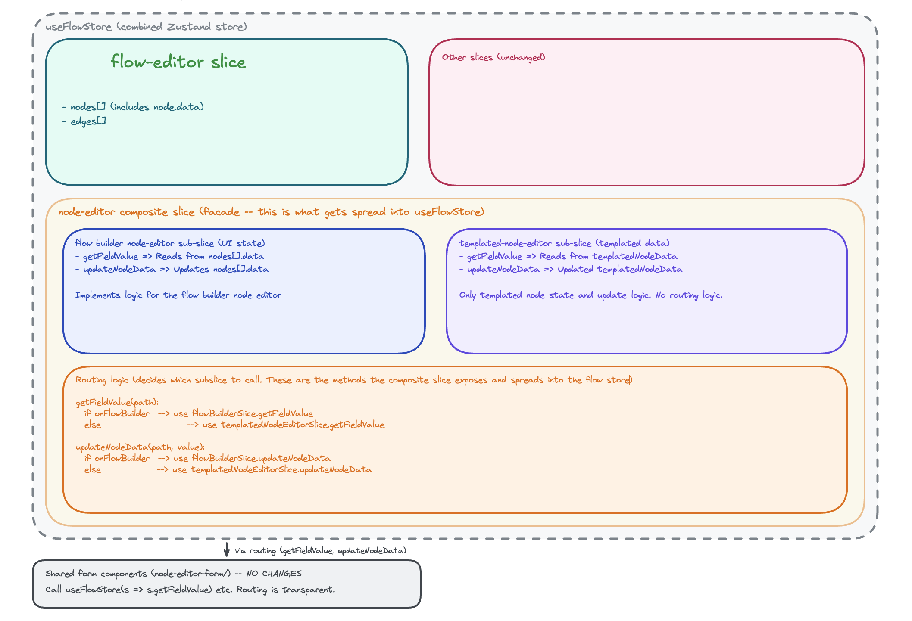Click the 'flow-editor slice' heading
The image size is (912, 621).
[178, 62]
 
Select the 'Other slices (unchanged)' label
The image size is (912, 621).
[493, 57]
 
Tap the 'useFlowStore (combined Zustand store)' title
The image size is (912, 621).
[146, 27]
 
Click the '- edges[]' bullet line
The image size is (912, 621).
[84, 121]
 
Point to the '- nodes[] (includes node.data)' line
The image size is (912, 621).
[133, 107]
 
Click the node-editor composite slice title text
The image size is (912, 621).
[271, 212]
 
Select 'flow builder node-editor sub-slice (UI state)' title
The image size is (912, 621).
[170, 243]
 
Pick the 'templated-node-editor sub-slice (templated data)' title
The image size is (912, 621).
[564, 243]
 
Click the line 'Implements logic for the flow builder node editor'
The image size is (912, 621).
[178, 295]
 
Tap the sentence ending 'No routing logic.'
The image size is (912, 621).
[590, 295]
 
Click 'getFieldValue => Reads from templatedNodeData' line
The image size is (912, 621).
[568, 256]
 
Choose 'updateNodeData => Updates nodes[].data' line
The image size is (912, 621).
[172, 269]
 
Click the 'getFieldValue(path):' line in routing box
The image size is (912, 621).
[117, 402]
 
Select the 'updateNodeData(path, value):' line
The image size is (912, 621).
[140, 447]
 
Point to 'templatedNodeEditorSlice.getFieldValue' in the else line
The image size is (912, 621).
[303, 425]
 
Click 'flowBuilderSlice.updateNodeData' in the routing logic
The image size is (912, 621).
[261, 458]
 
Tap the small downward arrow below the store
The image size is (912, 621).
[227, 550]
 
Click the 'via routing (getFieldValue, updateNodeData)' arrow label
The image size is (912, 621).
[320, 551]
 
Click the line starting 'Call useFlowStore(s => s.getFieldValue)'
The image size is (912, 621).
[190, 590]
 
